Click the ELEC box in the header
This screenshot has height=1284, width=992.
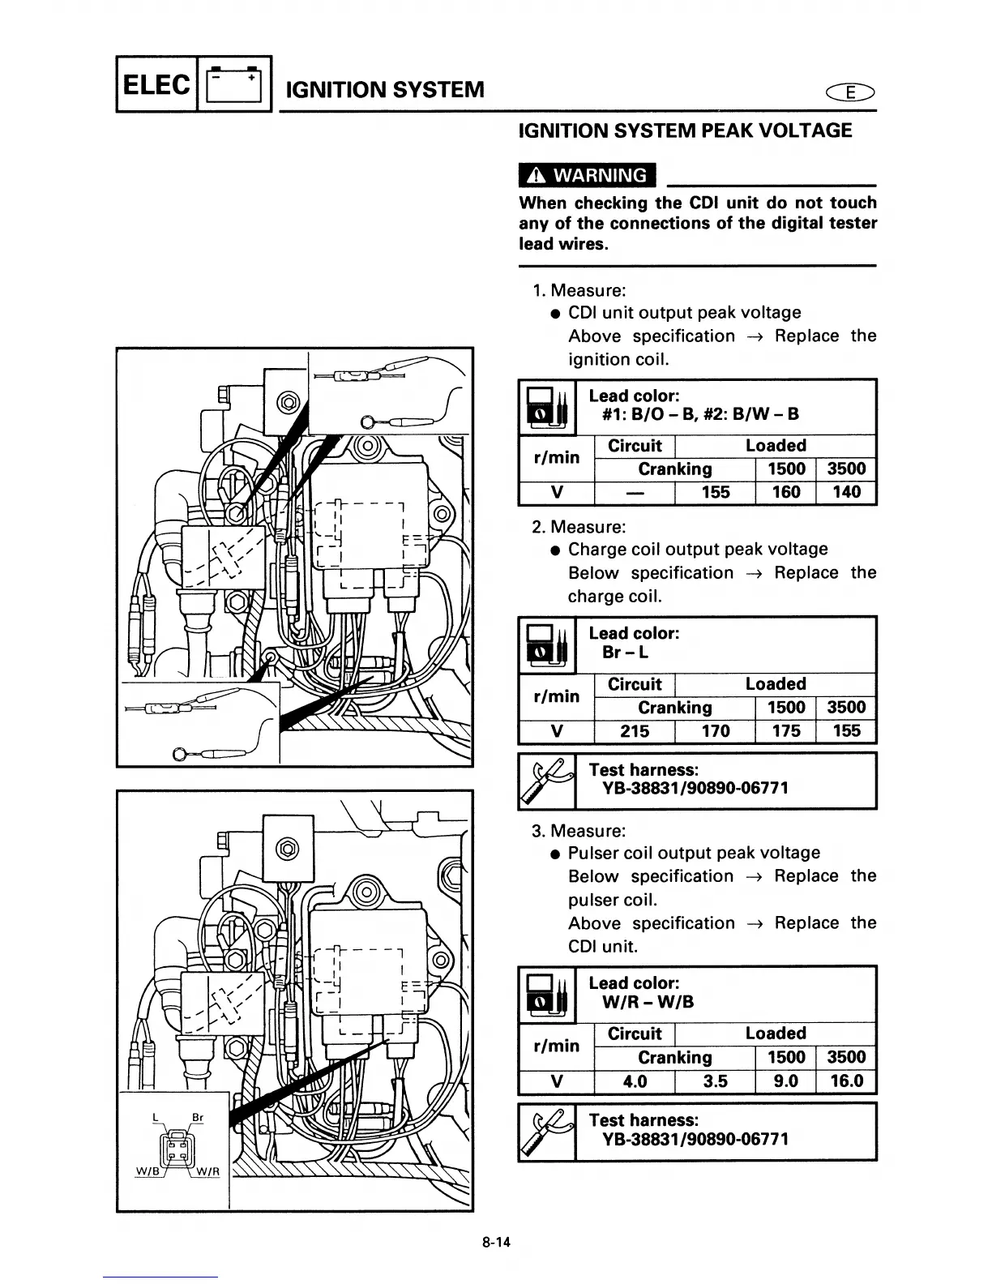point(157,84)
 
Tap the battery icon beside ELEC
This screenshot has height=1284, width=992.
point(234,84)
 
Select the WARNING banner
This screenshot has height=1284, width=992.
point(587,175)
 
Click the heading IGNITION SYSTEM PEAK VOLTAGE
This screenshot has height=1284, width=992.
point(685,131)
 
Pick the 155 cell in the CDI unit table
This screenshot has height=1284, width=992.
point(715,492)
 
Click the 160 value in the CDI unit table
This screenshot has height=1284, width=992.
point(785,492)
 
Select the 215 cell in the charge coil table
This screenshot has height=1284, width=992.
point(635,731)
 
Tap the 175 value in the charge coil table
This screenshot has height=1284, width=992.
point(785,731)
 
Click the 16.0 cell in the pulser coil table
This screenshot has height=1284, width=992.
point(846,1081)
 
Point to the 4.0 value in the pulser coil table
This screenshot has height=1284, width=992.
point(635,1081)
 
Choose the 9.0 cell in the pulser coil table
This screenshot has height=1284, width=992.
point(785,1081)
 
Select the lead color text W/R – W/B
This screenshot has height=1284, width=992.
point(648,1002)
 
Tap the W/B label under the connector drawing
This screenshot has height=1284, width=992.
point(145,1171)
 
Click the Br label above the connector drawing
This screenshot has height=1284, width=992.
point(196,1118)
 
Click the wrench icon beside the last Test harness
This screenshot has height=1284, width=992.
point(546,1132)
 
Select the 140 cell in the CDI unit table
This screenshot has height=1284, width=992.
point(846,492)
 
